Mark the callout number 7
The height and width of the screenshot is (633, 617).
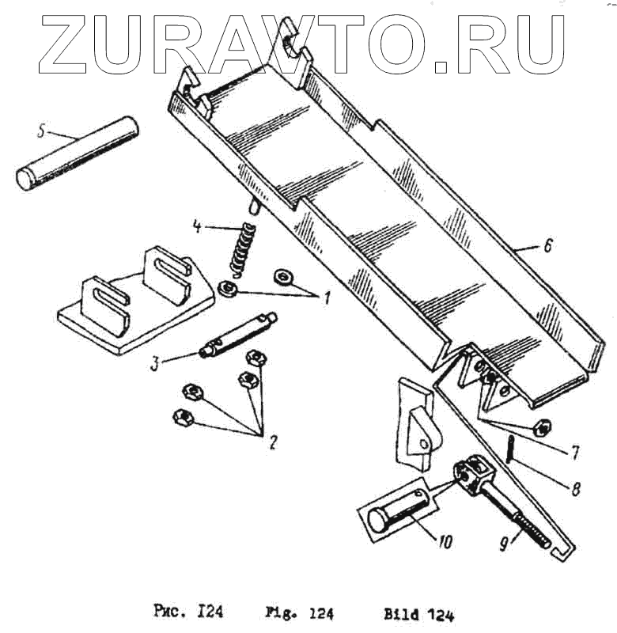[573, 453]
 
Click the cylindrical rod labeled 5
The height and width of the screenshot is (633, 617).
[79, 153]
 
